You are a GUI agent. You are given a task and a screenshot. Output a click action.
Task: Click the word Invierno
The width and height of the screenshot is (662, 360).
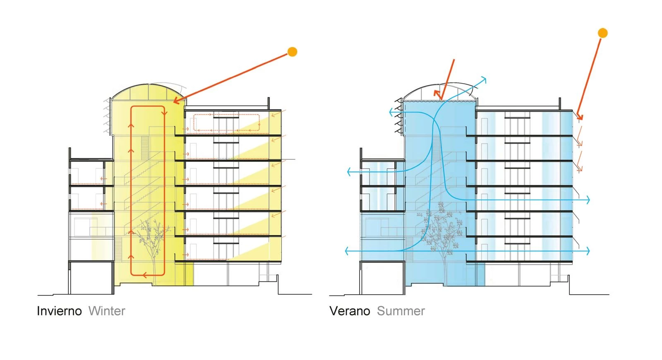(x=59, y=311)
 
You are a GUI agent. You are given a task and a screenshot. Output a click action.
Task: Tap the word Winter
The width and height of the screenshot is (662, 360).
(x=107, y=311)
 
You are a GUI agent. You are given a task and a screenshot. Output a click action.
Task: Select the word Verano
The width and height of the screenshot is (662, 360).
(x=350, y=311)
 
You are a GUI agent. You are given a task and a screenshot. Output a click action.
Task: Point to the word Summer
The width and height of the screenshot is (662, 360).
(x=401, y=311)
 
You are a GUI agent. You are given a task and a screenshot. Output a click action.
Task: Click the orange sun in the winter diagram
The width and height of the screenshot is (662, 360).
(x=293, y=52)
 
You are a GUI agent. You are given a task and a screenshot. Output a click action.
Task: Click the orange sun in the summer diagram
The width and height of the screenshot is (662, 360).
(x=603, y=33)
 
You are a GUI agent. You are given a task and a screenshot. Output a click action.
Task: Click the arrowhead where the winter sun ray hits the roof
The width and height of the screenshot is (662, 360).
(x=175, y=101)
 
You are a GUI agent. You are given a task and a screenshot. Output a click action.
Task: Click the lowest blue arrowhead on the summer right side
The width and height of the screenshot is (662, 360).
(x=588, y=251)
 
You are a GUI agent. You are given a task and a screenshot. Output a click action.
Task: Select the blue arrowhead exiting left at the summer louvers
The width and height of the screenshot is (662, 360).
(x=391, y=112)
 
